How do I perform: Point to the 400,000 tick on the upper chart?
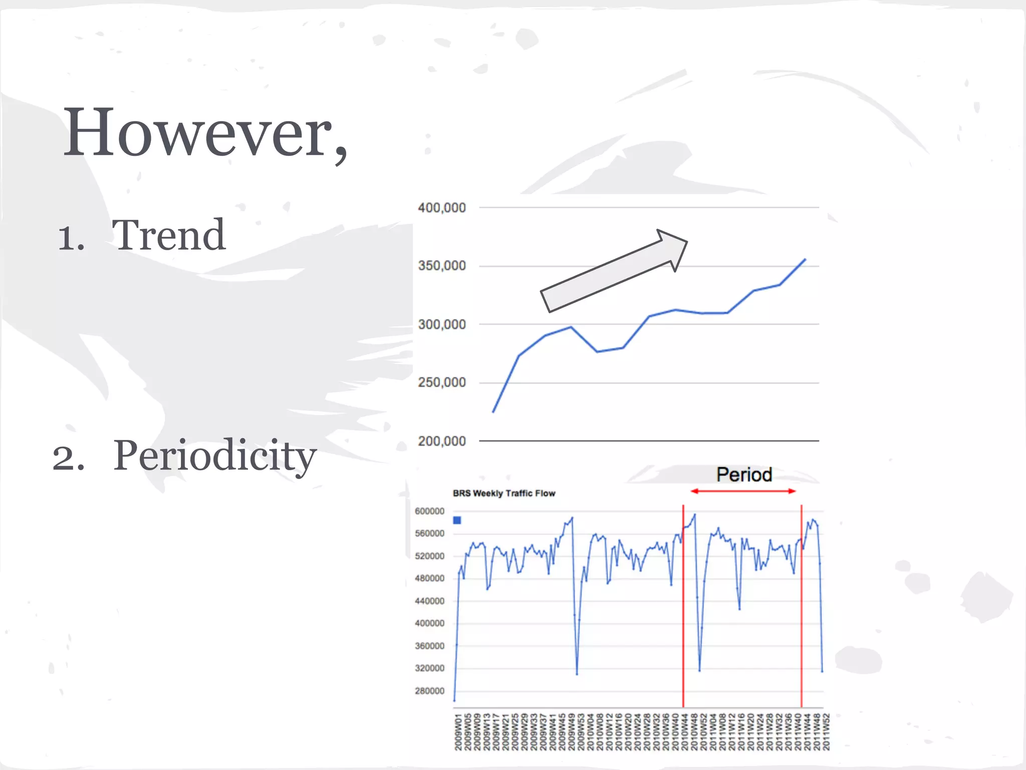point(442,208)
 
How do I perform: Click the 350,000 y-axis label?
point(442,266)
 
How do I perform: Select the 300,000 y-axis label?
point(442,324)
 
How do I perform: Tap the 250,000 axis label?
point(442,382)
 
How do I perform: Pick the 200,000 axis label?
point(442,441)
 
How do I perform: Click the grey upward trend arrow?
point(614,271)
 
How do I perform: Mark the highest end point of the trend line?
point(805,259)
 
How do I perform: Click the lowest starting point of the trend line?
point(493,412)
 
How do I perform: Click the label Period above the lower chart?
point(744,474)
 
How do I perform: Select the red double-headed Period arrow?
point(743,491)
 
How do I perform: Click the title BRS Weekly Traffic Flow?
point(504,493)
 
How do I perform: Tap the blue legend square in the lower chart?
point(457,520)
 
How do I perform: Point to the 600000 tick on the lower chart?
point(429,511)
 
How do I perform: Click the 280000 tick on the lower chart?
point(429,691)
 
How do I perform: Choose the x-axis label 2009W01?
point(458,732)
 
